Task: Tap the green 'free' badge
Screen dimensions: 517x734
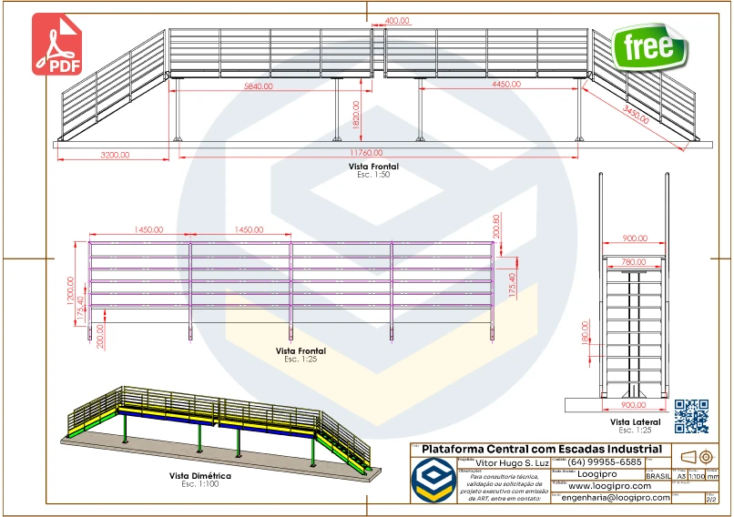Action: click(x=649, y=46)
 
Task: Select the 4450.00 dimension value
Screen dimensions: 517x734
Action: click(x=512, y=85)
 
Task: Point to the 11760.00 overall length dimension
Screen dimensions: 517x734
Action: click(x=366, y=153)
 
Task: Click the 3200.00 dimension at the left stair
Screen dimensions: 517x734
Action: click(x=114, y=156)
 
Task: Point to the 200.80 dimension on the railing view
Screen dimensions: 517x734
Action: click(x=496, y=227)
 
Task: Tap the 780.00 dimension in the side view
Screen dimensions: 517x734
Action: click(x=635, y=262)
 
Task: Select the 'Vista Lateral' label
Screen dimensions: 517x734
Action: click(x=635, y=422)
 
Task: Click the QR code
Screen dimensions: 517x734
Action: click(x=691, y=416)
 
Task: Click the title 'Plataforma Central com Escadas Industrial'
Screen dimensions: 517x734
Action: click(x=542, y=450)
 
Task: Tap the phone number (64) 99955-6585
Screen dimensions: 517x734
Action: click(x=605, y=462)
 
